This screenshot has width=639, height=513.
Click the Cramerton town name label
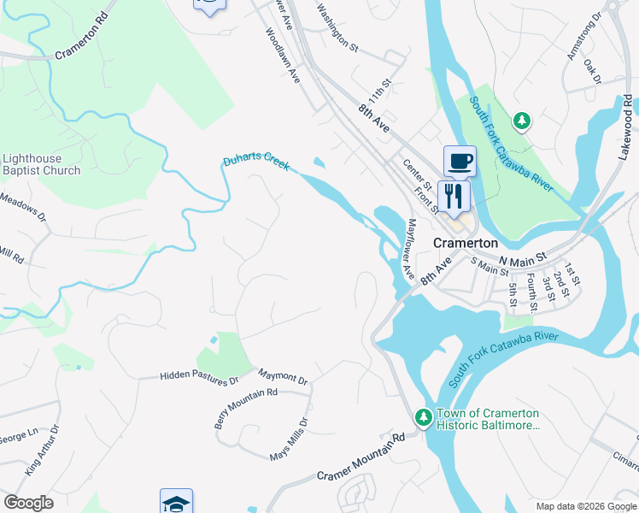[x=466, y=243]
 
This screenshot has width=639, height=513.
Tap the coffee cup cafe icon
[x=460, y=160]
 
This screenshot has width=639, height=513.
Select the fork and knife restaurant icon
[x=454, y=196]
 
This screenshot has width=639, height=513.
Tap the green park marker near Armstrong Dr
[x=521, y=121]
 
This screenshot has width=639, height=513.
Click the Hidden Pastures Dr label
[x=200, y=376]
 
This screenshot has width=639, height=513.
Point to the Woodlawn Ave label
[x=282, y=56]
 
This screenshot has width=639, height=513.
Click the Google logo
[x=29, y=503]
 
